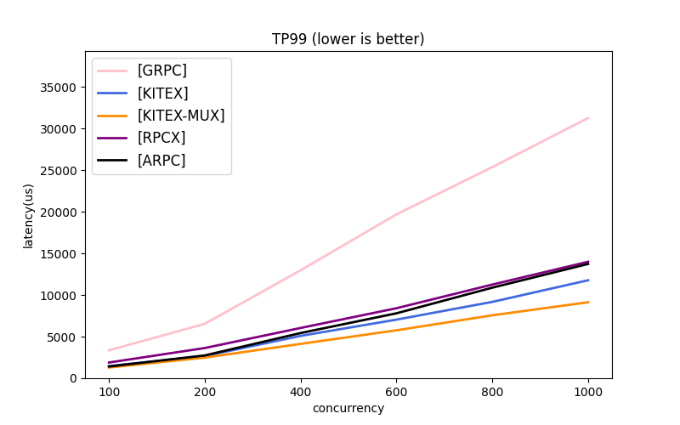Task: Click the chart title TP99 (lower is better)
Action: (348, 39)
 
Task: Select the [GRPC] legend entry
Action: (161, 71)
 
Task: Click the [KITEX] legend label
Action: (162, 93)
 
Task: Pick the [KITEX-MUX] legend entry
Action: (180, 116)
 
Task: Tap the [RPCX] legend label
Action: (161, 138)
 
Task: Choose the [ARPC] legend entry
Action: (161, 160)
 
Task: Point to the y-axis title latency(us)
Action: (29, 215)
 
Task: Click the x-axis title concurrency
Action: (348, 409)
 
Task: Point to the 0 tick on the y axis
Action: (73, 378)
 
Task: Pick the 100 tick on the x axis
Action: (109, 392)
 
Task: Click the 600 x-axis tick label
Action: (396, 392)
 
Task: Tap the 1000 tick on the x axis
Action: (588, 392)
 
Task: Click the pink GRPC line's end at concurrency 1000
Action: (588, 118)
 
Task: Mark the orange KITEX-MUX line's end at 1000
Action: (588, 302)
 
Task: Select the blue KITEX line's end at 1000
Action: (588, 280)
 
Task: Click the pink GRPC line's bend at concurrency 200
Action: (205, 323)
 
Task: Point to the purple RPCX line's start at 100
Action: (109, 363)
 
